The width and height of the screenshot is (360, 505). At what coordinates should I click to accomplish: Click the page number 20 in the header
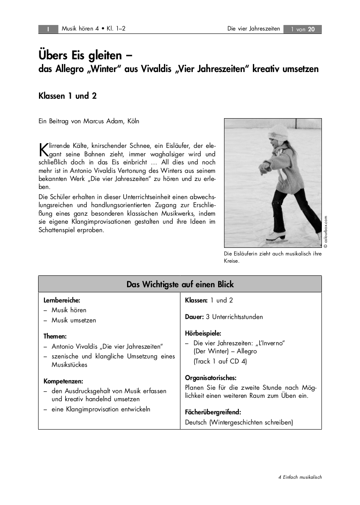[x=311, y=29]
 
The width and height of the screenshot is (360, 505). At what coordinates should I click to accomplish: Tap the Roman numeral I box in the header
[x=49, y=29]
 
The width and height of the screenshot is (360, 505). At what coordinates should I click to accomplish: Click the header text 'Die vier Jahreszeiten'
[x=254, y=29]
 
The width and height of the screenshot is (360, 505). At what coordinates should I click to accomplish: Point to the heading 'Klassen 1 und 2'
[x=68, y=96]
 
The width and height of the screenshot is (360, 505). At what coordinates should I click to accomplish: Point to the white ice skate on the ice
[x=275, y=236]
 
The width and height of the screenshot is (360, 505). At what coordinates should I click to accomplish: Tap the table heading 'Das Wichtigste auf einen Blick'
[x=180, y=284]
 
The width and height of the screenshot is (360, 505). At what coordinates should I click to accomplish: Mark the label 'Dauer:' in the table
[x=194, y=316]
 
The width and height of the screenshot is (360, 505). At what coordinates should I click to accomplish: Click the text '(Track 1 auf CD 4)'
[x=220, y=361]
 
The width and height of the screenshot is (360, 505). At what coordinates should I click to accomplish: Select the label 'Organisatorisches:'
[x=210, y=377]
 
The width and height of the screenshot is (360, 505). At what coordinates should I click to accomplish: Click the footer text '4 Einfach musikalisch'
[x=300, y=477]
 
